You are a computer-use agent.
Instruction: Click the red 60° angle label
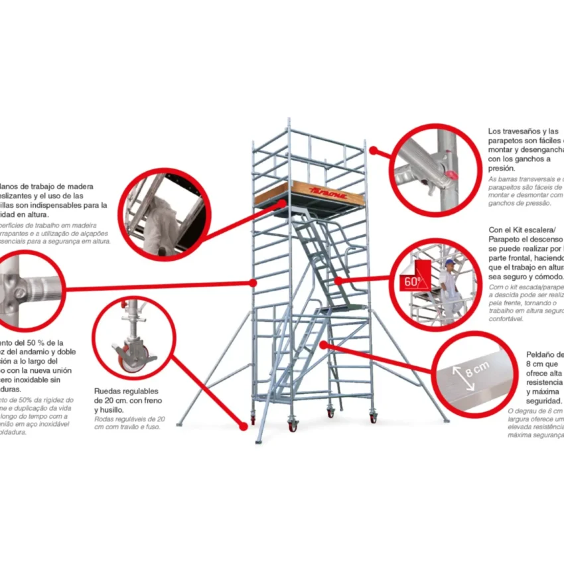tap(411, 281)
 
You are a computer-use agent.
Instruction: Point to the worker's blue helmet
tap(450, 262)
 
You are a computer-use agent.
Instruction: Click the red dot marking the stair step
tap(323, 344)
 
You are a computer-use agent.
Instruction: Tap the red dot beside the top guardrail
tap(373, 151)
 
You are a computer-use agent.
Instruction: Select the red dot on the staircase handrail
tap(339, 281)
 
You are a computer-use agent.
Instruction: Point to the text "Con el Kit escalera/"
tap(524, 230)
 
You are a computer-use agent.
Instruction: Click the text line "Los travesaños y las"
tap(523, 131)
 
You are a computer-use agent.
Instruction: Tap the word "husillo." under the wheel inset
tap(109, 410)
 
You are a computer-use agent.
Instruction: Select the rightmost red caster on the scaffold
tap(373, 418)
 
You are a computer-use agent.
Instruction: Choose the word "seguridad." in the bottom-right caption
tap(544, 401)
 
